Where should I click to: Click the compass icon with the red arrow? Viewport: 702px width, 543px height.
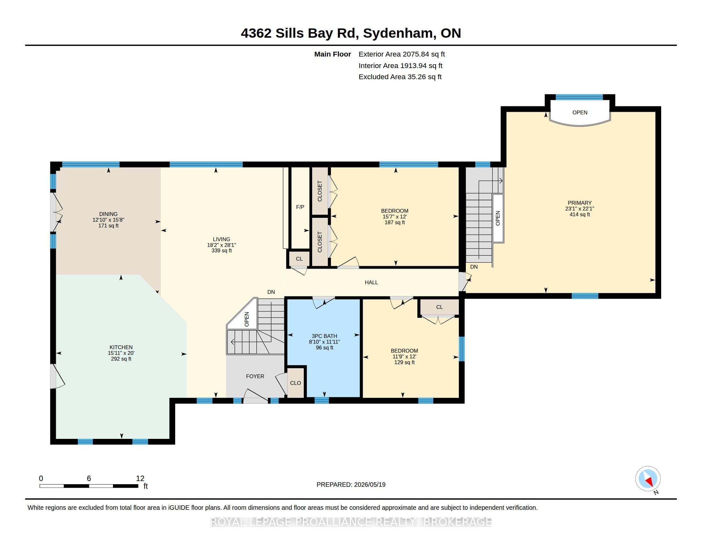click(648, 478)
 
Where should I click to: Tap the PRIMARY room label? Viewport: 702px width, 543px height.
click(579, 203)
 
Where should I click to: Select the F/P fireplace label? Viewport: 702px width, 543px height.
click(300, 207)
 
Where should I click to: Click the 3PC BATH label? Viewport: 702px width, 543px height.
click(324, 336)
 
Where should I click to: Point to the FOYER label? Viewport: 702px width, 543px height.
click(255, 376)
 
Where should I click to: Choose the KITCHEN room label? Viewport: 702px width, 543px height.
click(121, 347)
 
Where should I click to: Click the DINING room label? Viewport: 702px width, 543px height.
click(108, 214)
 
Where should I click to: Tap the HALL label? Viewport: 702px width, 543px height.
click(371, 282)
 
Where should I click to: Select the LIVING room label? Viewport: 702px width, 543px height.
click(221, 239)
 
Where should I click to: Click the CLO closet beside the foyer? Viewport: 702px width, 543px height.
click(295, 383)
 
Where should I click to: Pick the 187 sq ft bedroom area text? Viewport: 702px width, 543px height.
click(395, 222)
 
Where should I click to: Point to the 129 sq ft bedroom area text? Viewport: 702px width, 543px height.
click(404, 362)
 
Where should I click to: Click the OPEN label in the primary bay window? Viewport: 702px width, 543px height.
click(580, 112)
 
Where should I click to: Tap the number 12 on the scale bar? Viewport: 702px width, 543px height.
click(140, 478)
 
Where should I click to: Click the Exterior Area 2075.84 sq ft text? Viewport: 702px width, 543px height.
click(402, 54)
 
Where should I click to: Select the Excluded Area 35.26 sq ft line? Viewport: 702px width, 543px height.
click(400, 77)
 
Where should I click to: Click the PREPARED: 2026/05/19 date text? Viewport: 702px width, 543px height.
click(351, 485)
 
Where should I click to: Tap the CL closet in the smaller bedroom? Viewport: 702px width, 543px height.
click(439, 307)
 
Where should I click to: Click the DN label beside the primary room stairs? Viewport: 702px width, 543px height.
click(474, 267)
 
